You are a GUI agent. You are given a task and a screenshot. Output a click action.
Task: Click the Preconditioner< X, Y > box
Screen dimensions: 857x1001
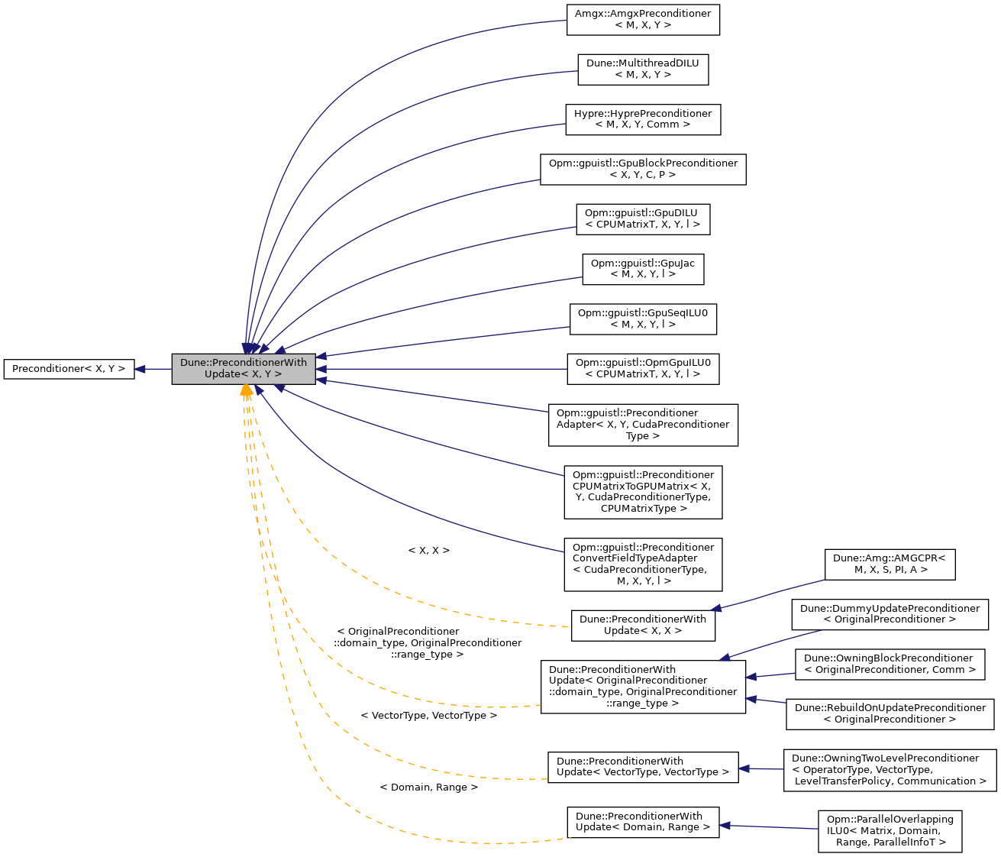click(69, 369)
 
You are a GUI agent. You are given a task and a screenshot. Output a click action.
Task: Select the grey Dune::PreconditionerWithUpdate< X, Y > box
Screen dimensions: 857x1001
click(244, 369)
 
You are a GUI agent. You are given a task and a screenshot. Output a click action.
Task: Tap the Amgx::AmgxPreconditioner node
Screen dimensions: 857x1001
click(643, 19)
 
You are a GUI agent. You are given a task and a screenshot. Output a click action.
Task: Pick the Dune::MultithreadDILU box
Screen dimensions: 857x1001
click(643, 69)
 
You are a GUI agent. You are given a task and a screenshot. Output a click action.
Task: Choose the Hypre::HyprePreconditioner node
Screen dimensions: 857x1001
click(643, 119)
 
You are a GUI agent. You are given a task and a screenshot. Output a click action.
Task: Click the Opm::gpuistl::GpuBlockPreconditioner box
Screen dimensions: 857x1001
click(643, 169)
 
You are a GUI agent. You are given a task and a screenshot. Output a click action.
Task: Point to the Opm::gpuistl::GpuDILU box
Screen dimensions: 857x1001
click(643, 218)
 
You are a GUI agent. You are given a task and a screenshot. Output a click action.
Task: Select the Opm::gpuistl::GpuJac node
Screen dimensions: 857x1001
click(643, 269)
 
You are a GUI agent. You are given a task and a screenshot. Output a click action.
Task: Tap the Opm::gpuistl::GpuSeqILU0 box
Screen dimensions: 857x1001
click(643, 319)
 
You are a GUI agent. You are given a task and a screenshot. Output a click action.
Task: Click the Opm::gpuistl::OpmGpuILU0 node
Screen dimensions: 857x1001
click(643, 368)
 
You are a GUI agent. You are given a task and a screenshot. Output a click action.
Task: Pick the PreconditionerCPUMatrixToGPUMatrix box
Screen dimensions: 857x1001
click(643, 492)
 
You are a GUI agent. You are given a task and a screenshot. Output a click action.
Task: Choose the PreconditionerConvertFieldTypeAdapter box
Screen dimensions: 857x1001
click(643, 564)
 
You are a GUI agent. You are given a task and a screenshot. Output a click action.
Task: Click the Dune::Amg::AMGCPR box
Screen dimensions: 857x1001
click(890, 564)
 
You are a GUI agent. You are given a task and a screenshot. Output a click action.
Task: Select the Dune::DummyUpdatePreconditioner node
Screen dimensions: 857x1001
click(890, 614)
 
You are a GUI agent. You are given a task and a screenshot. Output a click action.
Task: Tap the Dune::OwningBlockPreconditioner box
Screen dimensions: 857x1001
click(889, 664)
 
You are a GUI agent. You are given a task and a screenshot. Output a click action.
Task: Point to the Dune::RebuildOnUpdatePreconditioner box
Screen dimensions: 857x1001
click(890, 713)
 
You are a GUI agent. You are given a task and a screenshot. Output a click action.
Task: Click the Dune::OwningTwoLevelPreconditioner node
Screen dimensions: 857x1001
click(890, 769)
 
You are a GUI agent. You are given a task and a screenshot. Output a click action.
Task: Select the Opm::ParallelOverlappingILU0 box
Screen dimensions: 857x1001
click(890, 831)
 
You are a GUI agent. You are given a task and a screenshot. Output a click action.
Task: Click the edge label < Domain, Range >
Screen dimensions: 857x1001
click(428, 787)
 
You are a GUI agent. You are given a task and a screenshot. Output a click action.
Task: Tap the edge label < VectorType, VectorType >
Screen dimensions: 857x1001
click(428, 716)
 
